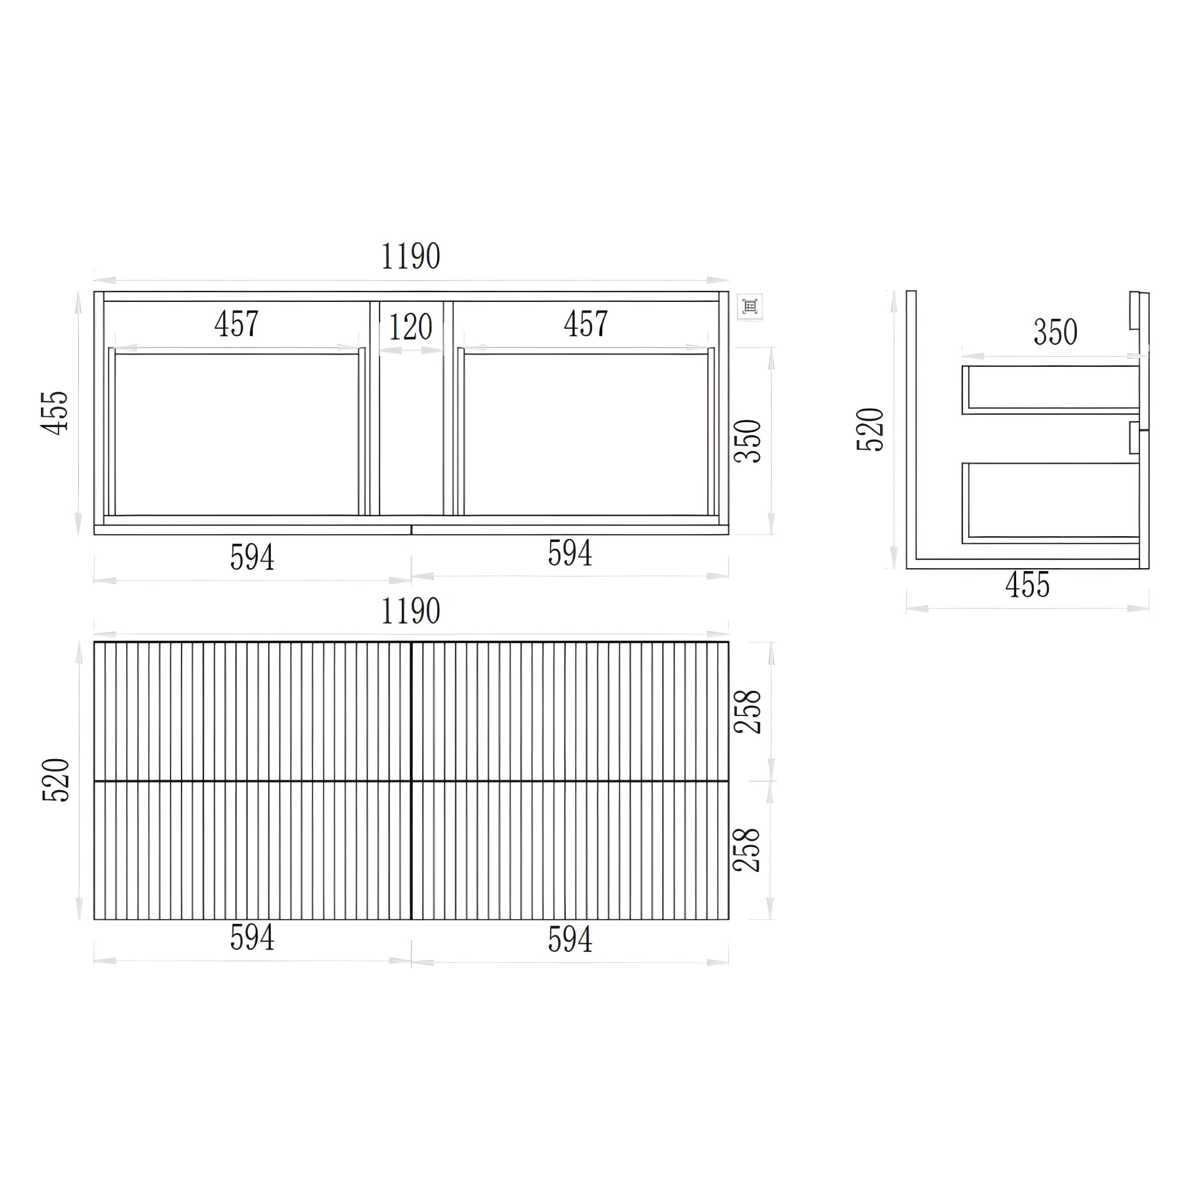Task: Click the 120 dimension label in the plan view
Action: pos(411,327)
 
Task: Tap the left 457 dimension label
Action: pos(237,323)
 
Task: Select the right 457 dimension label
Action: pos(586,323)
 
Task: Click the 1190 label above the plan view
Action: pos(411,256)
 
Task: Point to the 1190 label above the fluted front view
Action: pos(411,611)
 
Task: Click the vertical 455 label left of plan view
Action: pos(54,412)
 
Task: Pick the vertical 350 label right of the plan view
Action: pos(748,441)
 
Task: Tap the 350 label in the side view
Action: pos(1055,332)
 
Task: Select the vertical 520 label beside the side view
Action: pos(870,429)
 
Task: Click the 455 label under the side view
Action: pos(1028,585)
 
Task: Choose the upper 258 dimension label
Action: pos(748,711)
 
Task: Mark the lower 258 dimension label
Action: pos(748,850)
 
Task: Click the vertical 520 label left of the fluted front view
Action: pos(55,780)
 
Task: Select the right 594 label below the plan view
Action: pos(570,553)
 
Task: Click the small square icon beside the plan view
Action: pos(750,307)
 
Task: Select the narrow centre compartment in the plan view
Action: pos(411,433)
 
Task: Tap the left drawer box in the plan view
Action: pos(237,433)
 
